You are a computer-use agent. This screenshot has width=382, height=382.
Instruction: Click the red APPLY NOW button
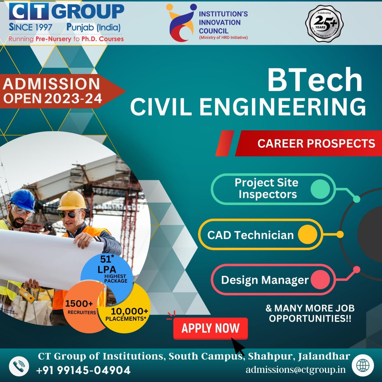[x=210, y=328]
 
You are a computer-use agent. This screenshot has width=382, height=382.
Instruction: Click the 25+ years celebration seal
[x=324, y=25]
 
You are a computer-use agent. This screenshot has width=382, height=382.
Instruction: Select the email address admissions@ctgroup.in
[x=295, y=370]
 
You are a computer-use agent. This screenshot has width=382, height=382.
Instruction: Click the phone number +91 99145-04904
[x=83, y=370]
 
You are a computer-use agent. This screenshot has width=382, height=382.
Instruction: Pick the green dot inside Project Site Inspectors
[x=320, y=189]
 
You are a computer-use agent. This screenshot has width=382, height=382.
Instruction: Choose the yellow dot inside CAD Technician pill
[x=308, y=235]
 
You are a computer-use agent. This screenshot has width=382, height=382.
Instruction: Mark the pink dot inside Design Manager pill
[x=320, y=280]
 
